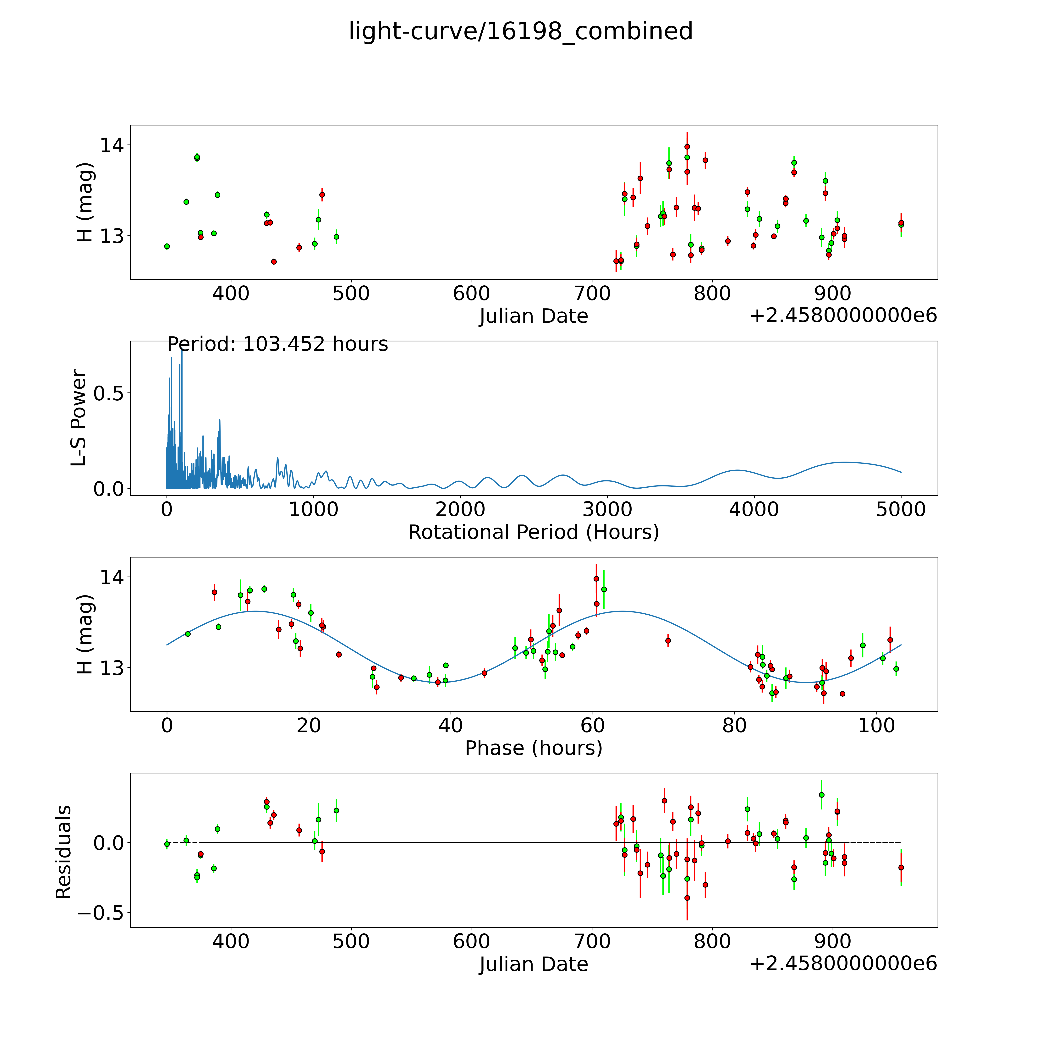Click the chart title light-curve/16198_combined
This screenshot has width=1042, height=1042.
point(520,31)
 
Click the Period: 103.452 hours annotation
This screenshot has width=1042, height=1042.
point(277,344)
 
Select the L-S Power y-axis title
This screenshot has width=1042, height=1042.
point(79,418)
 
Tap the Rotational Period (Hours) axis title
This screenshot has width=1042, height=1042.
point(533,532)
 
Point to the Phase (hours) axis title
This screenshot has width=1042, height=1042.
point(533,748)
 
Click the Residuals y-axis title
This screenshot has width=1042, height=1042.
point(64,852)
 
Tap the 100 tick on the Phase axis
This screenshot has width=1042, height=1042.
point(876,725)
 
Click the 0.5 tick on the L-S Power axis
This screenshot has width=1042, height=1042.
point(108,393)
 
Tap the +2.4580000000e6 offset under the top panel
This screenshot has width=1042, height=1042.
point(843,315)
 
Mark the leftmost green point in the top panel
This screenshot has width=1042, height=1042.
point(167,246)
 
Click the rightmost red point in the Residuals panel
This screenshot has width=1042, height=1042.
point(901,867)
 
